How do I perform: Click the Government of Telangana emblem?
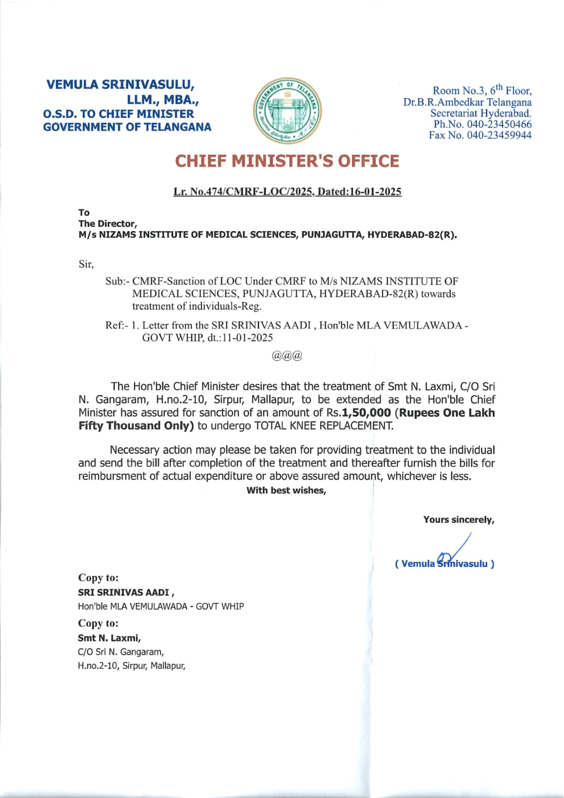288,111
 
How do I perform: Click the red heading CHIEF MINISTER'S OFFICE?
287,161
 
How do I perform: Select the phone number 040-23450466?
499,124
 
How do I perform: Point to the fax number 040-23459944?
499,135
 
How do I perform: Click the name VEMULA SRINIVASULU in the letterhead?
120,84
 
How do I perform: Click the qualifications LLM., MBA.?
163,100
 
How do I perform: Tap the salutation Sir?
86,264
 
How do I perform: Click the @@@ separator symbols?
287,356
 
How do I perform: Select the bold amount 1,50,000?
367,413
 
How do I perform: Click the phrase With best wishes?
286,491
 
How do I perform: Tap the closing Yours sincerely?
459,520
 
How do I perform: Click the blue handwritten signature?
454,551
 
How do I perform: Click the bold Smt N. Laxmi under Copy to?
109,638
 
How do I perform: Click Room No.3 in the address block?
459,90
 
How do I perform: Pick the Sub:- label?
117,281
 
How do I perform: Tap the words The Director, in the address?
107,224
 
